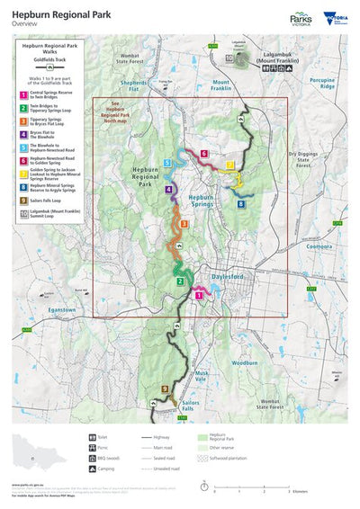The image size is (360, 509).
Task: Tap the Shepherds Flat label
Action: click(135, 87)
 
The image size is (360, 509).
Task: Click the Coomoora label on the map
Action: click(320, 245)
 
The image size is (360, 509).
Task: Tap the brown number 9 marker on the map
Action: click(165, 388)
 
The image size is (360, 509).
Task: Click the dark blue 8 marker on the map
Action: click(240, 204)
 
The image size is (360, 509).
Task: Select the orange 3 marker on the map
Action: click(184, 223)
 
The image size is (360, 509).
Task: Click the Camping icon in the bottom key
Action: click(93, 468)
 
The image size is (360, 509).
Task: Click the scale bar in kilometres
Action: click(251, 486)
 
